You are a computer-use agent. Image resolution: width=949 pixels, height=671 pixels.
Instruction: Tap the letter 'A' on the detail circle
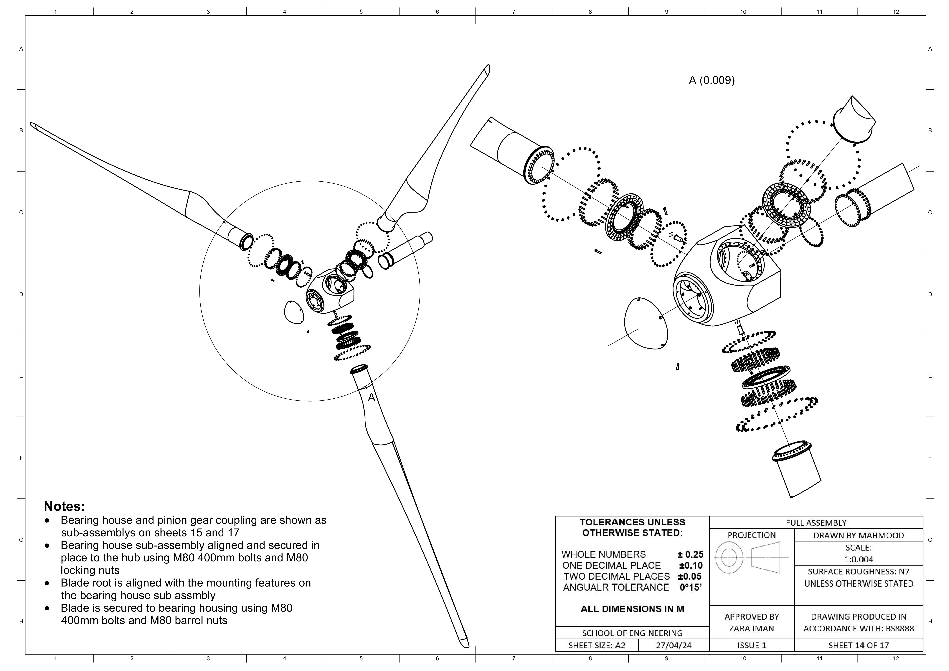[371, 397]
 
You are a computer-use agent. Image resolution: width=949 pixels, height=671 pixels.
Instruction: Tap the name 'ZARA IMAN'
[751, 628]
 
